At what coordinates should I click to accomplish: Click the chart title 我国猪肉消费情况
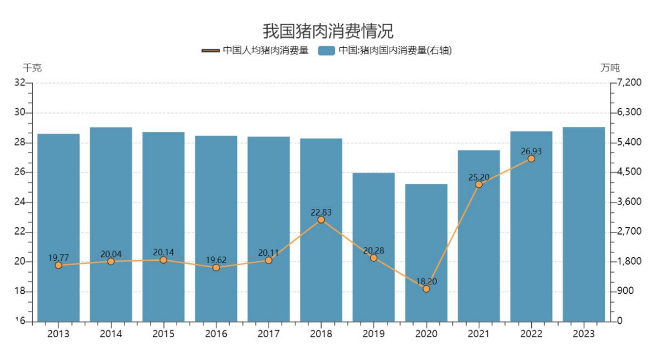[x=328, y=30]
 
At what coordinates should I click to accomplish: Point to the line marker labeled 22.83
[x=321, y=220]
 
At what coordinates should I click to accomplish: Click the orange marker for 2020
[x=426, y=289]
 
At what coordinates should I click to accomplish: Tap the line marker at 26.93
[x=531, y=159]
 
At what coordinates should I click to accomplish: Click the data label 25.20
[x=479, y=177]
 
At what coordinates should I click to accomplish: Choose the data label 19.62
[x=216, y=260]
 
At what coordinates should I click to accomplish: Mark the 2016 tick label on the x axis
[x=216, y=334]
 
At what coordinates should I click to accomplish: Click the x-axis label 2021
[x=479, y=334]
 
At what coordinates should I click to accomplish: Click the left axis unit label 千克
[x=32, y=68]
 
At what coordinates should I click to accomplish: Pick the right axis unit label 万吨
[x=610, y=68]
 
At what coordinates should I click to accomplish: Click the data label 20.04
[x=111, y=254]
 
